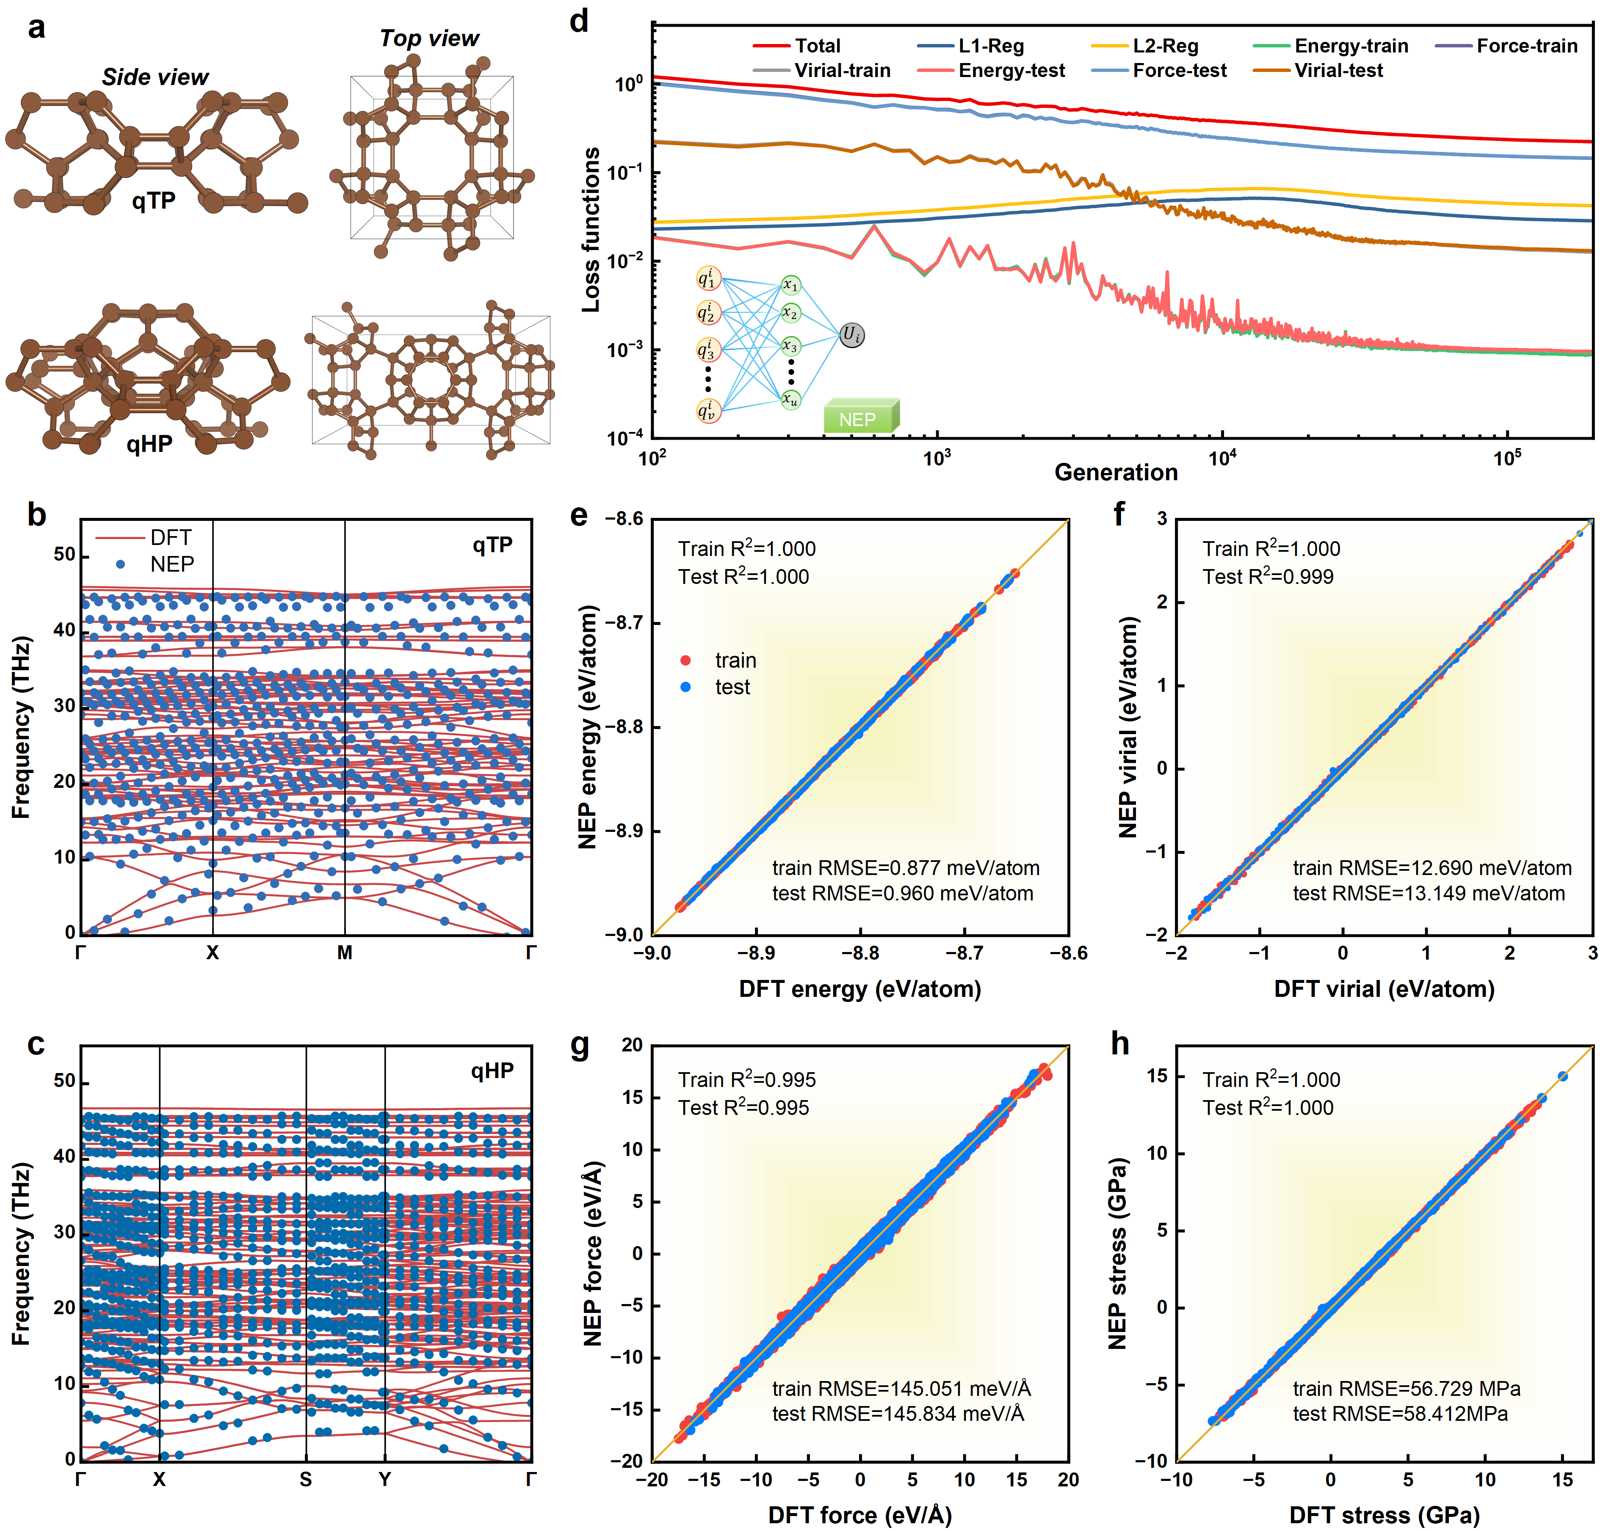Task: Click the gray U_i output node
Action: coord(852,334)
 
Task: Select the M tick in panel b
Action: coord(344,952)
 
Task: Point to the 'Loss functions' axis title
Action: coord(591,230)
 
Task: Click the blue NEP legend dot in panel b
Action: coord(120,564)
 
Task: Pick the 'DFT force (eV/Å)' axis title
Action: coord(860,1515)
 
